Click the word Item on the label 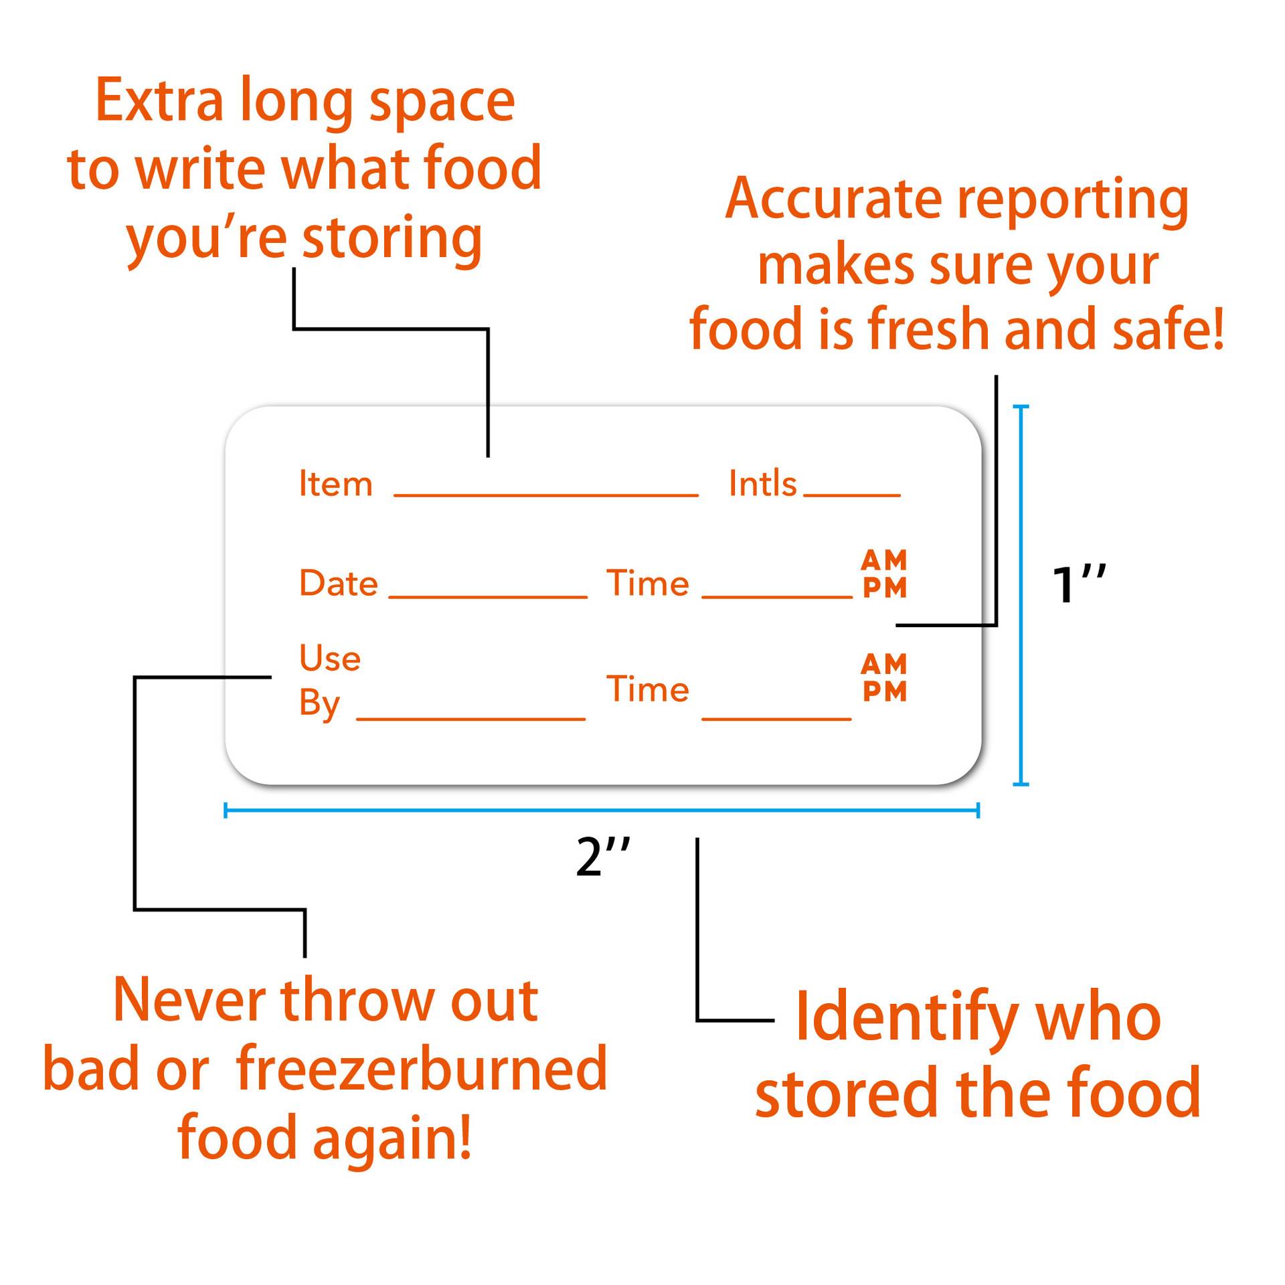335,483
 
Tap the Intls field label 762,483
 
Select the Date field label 338,583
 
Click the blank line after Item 546,495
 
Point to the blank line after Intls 852,495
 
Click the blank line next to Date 488,596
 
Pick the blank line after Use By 471,718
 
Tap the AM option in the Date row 884,560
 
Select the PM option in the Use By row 885,691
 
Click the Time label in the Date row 647,583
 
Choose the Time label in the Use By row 647,689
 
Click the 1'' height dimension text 1078,584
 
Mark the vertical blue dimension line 1021,595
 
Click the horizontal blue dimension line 602,810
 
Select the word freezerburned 422,1069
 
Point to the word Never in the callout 191,1001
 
